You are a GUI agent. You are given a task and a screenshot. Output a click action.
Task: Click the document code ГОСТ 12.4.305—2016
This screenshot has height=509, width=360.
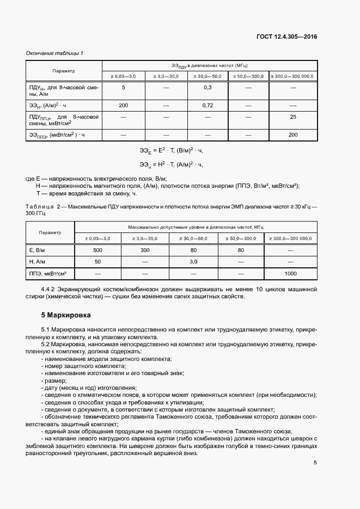tap(286, 37)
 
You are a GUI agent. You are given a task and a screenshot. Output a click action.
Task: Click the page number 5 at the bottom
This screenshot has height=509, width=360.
tap(315, 463)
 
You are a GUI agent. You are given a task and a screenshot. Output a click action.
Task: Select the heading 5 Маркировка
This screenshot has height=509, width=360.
tap(66, 315)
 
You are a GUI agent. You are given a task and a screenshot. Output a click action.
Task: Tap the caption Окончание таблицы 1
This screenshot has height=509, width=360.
tap(54, 53)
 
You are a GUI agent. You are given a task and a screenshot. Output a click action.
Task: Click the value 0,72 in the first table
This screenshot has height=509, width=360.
tap(208, 105)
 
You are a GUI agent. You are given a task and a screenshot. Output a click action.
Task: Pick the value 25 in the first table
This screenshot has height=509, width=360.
tap(293, 117)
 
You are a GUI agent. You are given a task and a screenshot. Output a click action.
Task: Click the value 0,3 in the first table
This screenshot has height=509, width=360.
tap(208, 88)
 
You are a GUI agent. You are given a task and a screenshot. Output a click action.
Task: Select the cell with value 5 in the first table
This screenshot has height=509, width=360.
tap(123, 88)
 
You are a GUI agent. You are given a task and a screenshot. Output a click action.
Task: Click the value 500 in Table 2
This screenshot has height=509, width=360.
tap(97, 250)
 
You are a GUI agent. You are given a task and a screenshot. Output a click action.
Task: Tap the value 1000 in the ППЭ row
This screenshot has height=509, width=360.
tap(290, 273)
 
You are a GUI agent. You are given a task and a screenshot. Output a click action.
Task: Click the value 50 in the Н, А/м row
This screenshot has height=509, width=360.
tap(97, 262)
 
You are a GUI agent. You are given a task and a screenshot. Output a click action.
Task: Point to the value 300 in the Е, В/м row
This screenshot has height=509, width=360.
tap(145, 250)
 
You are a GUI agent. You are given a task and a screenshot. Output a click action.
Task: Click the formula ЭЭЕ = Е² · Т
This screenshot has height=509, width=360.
tap(170, 150)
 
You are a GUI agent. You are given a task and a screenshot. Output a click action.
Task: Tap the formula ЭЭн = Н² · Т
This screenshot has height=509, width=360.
tap(170, 164)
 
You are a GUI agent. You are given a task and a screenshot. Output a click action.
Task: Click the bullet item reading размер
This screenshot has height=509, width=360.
tap(52, 381)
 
